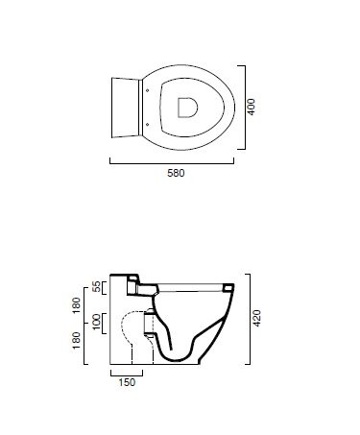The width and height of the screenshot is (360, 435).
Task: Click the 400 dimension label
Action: coord(252,108)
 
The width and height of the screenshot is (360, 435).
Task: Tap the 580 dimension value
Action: coord(176,173)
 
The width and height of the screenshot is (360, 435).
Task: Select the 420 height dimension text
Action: coord(257,318)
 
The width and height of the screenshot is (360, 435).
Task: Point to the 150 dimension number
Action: coord(127,382)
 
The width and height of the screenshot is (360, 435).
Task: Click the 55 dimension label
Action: coord(96,287)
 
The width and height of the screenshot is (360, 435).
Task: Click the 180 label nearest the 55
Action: coord(77,305)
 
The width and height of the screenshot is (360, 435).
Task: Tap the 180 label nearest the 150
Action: coord(77,341)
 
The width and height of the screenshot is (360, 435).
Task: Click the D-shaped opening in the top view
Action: coord(187,108)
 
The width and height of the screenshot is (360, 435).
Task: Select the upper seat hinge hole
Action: coord(147,90)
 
